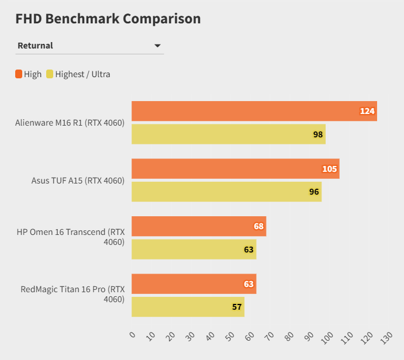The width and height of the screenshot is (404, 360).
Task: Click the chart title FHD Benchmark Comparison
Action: (x=108, y=19)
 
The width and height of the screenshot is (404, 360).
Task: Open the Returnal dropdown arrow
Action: (x=157, y=46)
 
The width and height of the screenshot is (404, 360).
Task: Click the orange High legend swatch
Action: (x=19, y=74)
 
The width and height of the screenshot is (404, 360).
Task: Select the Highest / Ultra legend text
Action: (x=82, y=74)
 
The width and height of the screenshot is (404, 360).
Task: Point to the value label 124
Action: (x=367, y=111)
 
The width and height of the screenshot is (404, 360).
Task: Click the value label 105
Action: (x=330, y=169)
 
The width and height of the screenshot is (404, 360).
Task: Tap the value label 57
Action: (x=237, y=307)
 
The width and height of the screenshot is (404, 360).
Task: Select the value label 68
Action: (x=259, y=226)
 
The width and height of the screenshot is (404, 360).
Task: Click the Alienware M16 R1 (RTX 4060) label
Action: (x=70, y=123)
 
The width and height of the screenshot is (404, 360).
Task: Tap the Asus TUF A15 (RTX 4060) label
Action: (x=78, y=181)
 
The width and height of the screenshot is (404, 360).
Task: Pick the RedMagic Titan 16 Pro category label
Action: (x=72, y=294)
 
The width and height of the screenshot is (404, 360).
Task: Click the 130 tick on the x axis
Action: (x=385, y=337)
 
